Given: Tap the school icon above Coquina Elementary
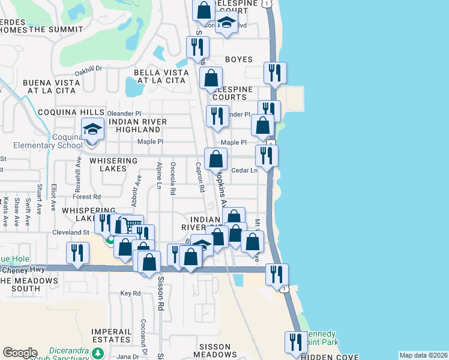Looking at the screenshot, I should click(92, 130).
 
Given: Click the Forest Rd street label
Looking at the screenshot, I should click(86, 197).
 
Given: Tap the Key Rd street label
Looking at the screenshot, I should click(130, 293).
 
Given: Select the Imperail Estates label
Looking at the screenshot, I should click(112, 335).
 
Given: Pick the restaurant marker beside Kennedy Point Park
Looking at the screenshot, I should click(294, 343).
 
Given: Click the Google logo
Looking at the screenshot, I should click(19, 352).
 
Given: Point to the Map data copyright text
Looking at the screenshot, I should click(423, 355).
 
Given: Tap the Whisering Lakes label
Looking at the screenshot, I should click(113, 164).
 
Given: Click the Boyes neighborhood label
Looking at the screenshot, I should click(238, 60).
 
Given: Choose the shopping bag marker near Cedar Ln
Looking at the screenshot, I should click(215, 160).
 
